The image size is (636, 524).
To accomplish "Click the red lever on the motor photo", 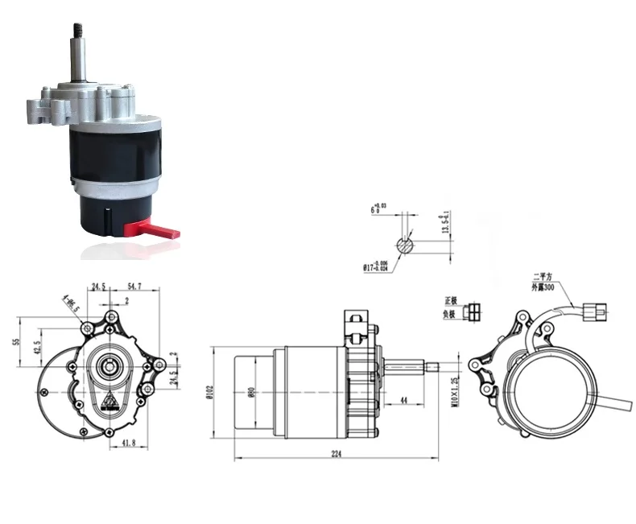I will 161,229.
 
